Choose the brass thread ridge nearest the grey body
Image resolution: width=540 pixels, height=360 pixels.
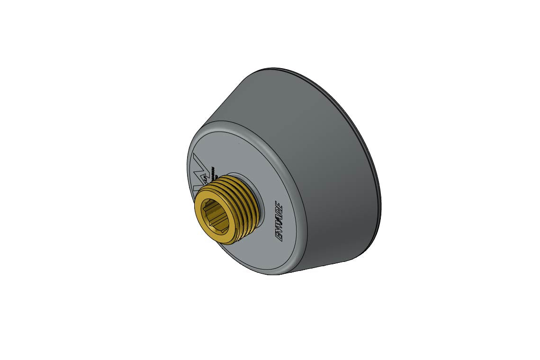click(x=256, y=208)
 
